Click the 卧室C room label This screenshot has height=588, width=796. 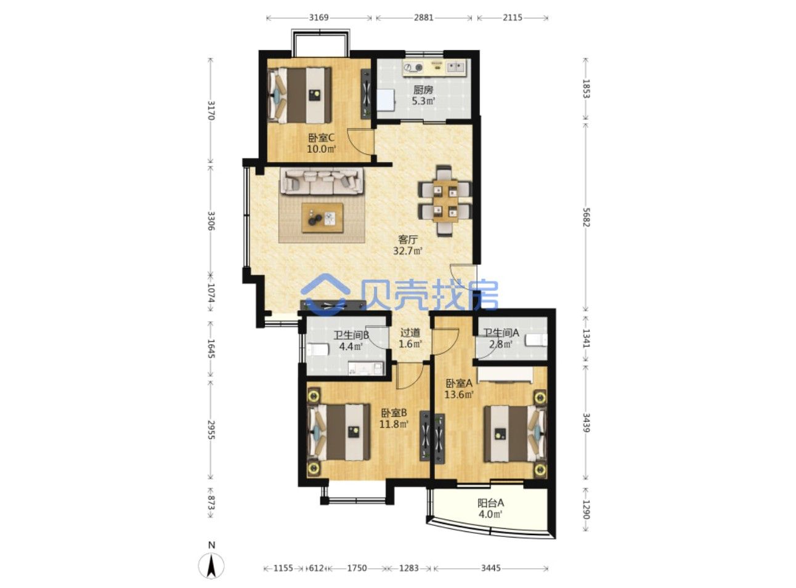(321, 137)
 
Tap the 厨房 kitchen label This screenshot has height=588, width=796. (423, 90)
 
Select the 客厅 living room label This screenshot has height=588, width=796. (408, 239)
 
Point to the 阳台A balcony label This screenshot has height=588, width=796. (490, 502)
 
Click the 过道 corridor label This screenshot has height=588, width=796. (410, 332)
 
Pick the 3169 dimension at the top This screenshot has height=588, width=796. (319, 18)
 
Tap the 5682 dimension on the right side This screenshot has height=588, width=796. (586, 217)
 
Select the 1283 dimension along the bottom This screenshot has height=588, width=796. (408, 568)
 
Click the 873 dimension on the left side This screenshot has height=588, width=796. (211, 502)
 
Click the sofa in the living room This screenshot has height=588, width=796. (322, 182)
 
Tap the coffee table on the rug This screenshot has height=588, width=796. (322, 218)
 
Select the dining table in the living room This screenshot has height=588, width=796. (445, 201)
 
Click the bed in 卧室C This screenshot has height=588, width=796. (299, 95)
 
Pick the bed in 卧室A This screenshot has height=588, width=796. (515, 433)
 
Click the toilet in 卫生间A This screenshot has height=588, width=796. (536, 340)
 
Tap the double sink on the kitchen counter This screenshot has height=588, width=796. (455, 66)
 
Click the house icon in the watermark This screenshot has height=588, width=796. (325, 294)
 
